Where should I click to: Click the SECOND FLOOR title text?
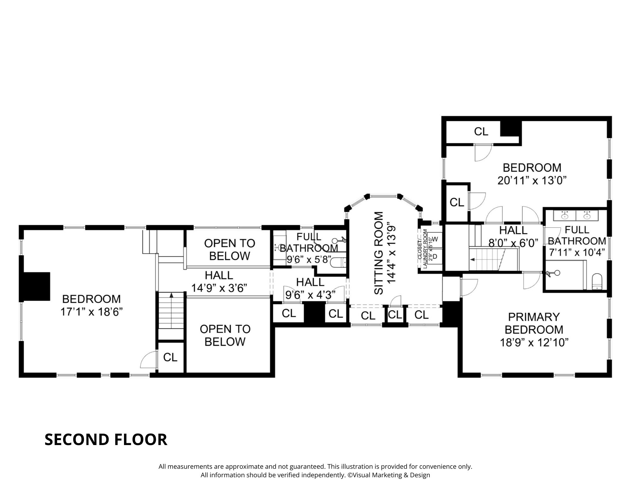[x=106, y=439]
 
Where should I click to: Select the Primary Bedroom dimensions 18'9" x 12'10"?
[x=534, y=343]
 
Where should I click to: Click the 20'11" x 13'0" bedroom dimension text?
[x=532, y=181]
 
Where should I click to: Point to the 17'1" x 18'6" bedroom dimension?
[x=91, y=312]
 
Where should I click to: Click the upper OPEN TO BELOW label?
[x=229, y=250]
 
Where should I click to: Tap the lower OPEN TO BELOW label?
[x=225, y=335]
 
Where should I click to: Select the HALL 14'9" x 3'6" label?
[x=219, y=281]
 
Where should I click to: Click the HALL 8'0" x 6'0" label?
[x=513, y=236]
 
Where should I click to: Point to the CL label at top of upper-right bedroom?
[x=481, y=131]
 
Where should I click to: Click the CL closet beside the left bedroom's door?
[x=170, y=357]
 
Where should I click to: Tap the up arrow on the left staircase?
[x=171, y=295]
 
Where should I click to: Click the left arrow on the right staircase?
[x=472, y=259]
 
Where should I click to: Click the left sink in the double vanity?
[x=564, y=216]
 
